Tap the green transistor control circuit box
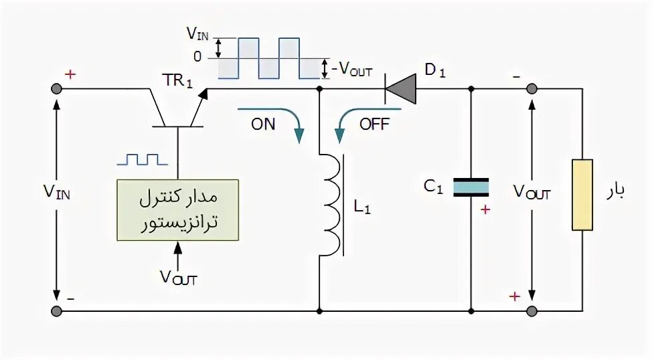[x=177, y=209]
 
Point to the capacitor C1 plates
[x=471, y=187]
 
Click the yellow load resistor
[x=582, y=195]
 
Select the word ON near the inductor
[x=263, y=124]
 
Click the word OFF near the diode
[x=374, y=124]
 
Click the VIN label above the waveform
[x=197, y=33]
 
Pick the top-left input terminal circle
[x=56, y=89]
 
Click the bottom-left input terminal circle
[x=56, y=310]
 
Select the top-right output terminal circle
[x=531, y=89]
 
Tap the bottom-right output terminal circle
[x=531, y=310]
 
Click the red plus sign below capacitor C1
[x=485, y=209]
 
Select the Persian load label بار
[x=615, y=192]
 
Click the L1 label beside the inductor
[x=362, y=207]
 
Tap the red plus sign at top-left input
[x=70, y=74]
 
